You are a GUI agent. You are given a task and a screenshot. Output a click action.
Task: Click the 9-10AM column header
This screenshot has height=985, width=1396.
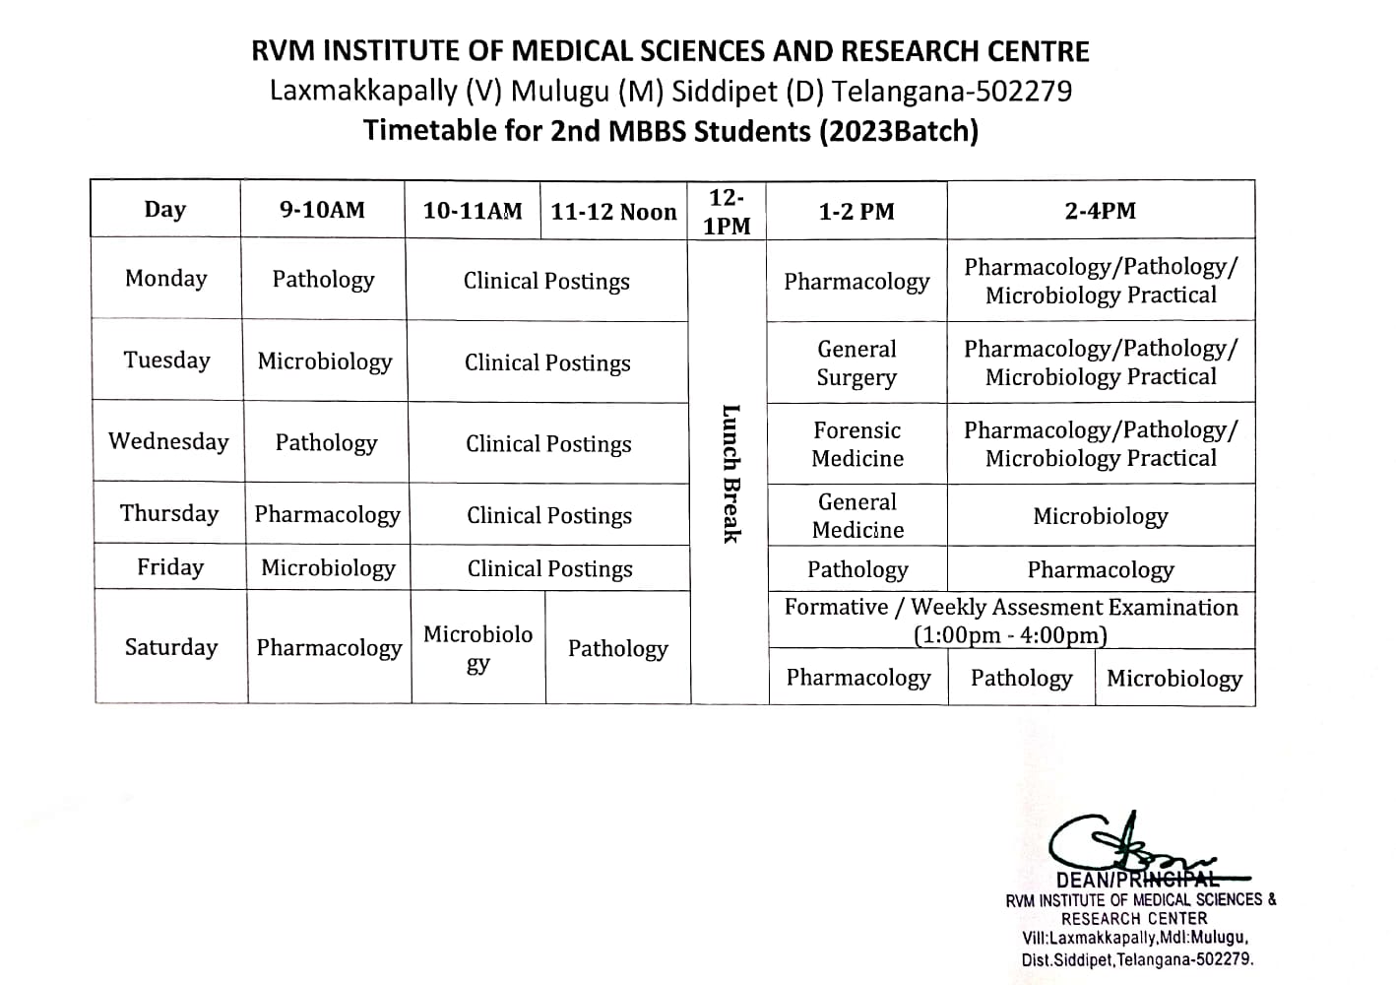(x=322, y=210)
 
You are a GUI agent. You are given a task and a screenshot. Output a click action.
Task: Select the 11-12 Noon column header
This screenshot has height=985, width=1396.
(x=613, y=212)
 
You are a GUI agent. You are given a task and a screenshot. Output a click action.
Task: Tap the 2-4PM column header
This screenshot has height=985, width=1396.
(x=1100, y=211)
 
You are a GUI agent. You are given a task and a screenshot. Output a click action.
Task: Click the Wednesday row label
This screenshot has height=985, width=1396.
(x=168, y=441)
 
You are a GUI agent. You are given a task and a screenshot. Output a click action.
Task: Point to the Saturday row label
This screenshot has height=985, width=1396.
(x=170, y=647)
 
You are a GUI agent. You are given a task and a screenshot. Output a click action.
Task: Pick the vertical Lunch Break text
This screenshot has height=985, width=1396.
(x=730, y=473)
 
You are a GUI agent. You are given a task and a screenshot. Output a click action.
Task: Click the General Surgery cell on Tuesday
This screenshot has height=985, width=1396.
(x=857, y=362)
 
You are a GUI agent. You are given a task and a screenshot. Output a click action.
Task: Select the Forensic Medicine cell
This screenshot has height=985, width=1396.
(x=857, y=444)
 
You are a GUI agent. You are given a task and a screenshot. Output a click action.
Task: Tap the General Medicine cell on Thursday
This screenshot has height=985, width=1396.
(x=857, y=515)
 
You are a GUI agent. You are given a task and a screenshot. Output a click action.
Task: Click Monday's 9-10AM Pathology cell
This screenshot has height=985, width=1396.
(x=323, y=280)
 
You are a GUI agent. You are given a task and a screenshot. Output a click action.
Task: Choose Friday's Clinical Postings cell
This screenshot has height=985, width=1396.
(x=549, y=568)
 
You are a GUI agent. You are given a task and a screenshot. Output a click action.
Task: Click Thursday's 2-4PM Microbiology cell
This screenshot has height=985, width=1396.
(x=1100, y=516)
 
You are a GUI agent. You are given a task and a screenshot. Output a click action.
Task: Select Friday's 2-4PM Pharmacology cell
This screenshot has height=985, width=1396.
(x=1100, y=569)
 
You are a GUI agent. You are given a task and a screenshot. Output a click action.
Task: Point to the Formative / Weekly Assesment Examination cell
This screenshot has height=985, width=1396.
(x=1011, y=621)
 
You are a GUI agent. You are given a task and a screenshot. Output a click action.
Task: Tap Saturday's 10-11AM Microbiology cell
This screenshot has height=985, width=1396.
(x=477, y=647)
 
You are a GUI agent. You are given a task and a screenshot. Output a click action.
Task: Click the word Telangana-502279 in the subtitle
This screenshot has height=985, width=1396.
(x=952, y=92)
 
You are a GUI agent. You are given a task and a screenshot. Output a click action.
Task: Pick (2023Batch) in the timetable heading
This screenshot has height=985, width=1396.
(x=898, y=131)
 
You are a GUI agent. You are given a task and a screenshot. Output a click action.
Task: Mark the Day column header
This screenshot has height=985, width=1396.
(x=164, y=209)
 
